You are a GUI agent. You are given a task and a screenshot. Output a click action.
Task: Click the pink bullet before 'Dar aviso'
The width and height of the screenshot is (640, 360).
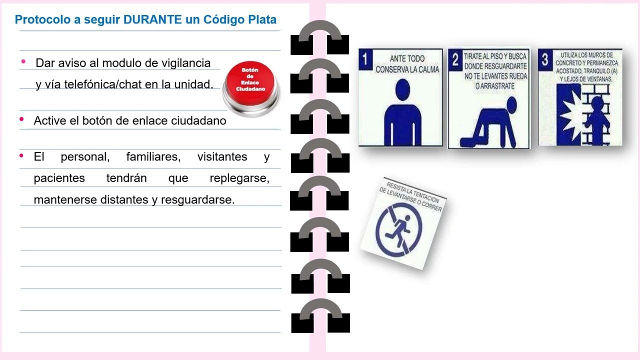(23, 62)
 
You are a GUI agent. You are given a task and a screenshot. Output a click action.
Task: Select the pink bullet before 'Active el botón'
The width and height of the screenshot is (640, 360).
(21, 119)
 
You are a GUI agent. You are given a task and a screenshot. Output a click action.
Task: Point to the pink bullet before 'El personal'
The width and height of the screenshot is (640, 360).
(21, 156)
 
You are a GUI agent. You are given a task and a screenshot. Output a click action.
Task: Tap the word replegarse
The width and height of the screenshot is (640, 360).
(239, 178)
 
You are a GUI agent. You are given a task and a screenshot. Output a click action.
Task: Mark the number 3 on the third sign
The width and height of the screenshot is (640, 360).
(545, 59)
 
